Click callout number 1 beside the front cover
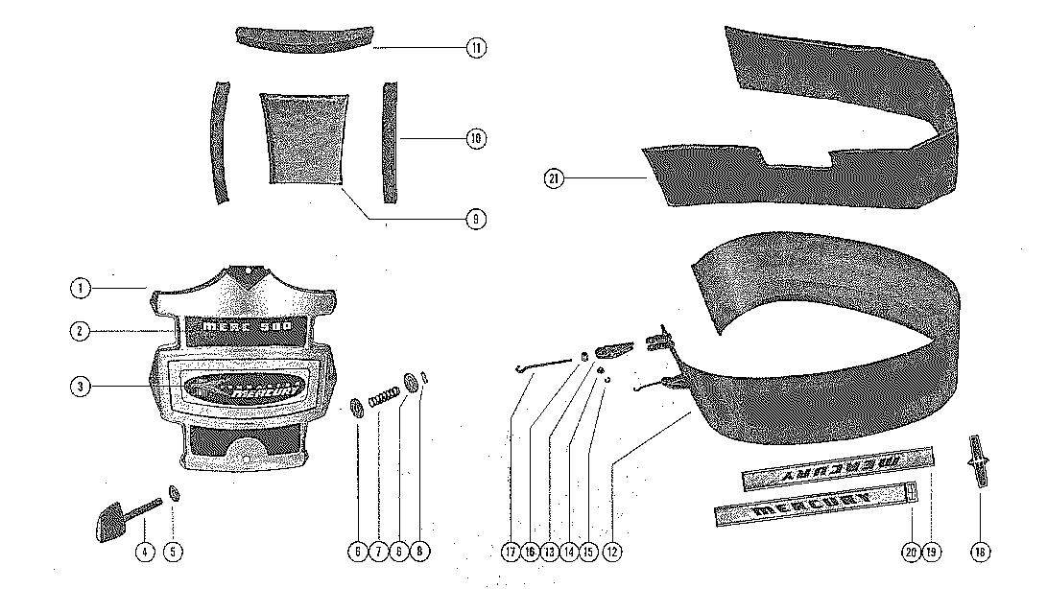click(81, 287)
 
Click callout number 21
click(554, 178)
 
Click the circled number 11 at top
click(476, 47)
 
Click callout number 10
click(476, 138)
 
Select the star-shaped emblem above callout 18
click(977, 461)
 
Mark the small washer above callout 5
click(175, 493)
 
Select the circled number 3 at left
click(81, 387)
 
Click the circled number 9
click(476, 220)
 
